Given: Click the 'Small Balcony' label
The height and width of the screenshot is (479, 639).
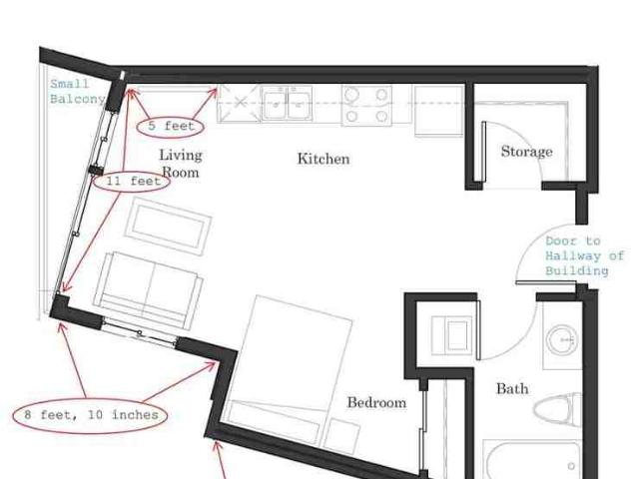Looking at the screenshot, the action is [78, 92].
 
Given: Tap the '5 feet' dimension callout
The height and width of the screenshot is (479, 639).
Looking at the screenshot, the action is [170, 127].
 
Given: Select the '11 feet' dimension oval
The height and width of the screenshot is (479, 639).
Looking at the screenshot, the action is [132, 181].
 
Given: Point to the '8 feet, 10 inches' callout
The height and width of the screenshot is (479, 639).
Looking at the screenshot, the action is [90, 415].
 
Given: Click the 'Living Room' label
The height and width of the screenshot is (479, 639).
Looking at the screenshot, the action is [180, 163].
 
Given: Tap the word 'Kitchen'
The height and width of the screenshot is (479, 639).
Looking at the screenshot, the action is [323, 159].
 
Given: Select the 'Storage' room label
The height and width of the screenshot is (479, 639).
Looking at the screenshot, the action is [526, 151].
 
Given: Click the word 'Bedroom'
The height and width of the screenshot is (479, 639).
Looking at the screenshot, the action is [376, 402].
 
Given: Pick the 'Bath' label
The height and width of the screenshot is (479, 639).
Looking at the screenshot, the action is [512, 388].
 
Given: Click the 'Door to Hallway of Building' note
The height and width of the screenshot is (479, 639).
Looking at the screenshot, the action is [584, 255].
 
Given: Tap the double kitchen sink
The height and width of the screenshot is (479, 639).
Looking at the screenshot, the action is [287, 103].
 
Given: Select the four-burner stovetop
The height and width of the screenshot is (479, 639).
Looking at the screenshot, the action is [366, 105].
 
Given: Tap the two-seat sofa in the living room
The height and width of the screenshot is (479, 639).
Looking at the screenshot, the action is [149, 290].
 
